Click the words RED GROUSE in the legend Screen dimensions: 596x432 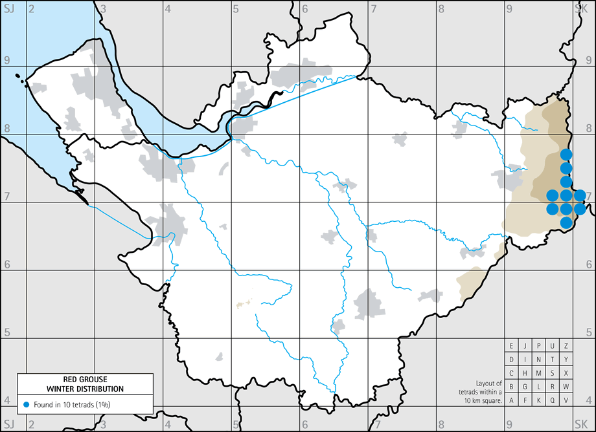pos(84,380)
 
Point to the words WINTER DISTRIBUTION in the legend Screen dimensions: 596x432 pos(84,388)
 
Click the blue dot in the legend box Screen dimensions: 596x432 pos(26,404)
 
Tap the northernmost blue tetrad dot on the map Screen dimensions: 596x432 pos(566,154)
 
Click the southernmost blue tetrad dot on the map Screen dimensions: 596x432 pos(566,222)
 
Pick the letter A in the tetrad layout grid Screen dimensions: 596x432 pos(512,400)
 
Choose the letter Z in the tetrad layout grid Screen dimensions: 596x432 pos(566,347)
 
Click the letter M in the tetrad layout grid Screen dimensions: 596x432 pos(539,373)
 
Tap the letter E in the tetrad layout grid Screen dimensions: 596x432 pos(512,347)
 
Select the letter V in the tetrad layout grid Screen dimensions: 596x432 pos(566,400)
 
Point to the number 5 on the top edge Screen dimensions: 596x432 pos(236,9)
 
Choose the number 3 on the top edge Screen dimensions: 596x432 pos(104,9)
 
